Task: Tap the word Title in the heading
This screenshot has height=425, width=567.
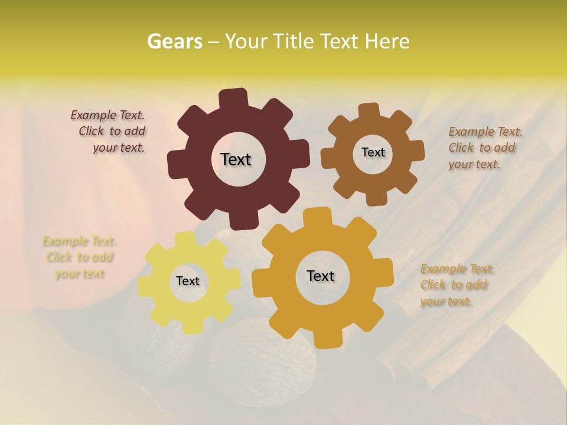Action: point(294,41)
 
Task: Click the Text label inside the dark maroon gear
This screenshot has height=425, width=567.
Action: point(236,159)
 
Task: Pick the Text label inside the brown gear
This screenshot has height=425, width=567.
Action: point(373,152)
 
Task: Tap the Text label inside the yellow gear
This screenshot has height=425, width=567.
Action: point(188,282)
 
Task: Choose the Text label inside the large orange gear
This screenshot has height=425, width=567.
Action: point(321,276)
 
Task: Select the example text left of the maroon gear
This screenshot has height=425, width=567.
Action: point(110,132)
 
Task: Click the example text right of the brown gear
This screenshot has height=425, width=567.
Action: point(484,148)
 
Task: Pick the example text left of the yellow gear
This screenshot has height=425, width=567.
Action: point(79,257)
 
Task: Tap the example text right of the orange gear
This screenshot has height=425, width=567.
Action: point(457,285)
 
